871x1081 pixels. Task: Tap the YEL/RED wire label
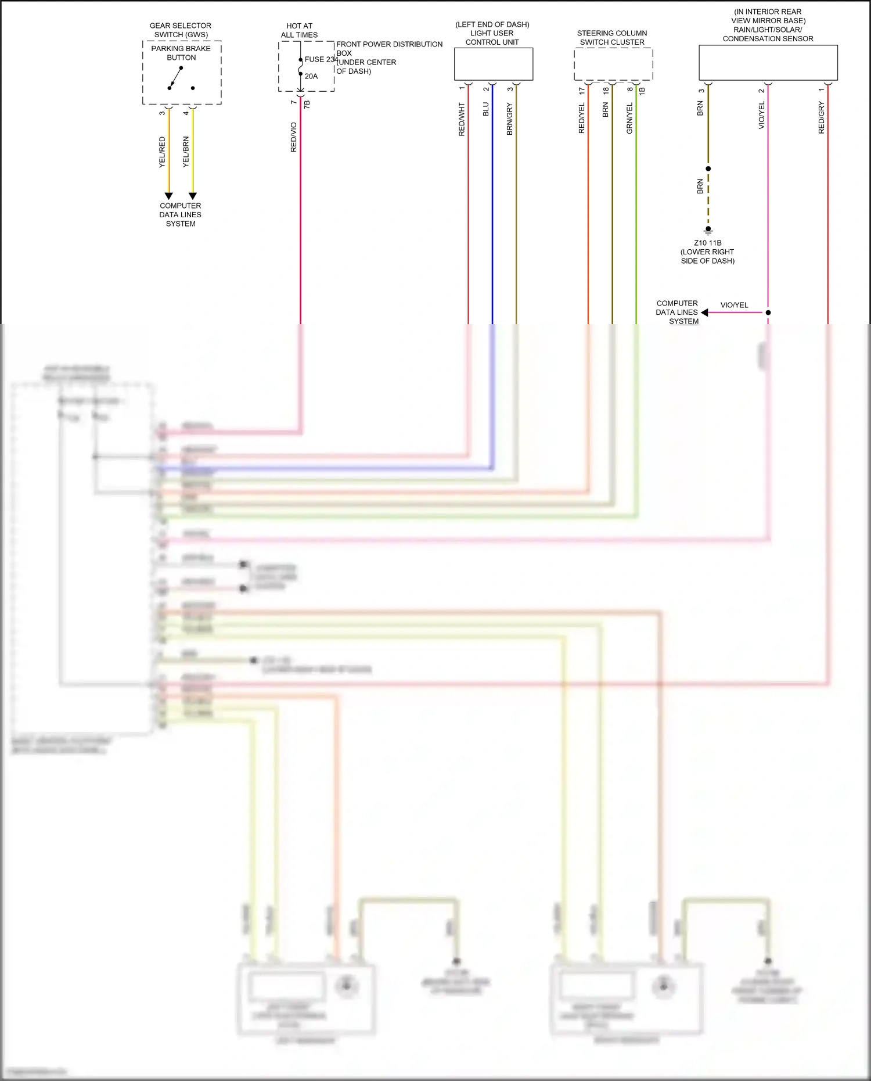point(162,152)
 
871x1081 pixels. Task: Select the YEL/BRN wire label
point(186,152)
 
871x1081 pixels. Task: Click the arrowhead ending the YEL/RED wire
point(168,196)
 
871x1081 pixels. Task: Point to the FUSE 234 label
point(321,59)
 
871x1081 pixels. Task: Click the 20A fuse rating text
point(311,76)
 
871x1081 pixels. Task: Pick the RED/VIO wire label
point(293,137)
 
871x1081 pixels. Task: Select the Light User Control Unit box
point(493,64)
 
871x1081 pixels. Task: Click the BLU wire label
point(486,109)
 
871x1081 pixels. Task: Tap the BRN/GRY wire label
point(510,119)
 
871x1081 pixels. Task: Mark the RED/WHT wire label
point(462,120)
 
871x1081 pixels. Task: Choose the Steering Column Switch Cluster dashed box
point(613,64)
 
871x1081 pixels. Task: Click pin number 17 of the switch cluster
point(582,91)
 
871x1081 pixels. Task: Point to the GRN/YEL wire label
point(629,118)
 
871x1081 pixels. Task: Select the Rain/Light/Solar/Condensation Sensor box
point(768,63)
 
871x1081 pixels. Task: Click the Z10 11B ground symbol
point(708,231)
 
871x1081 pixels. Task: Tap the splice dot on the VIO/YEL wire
point(768,313)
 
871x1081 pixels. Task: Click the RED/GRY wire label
point(821,118)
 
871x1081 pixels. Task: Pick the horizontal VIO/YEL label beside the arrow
point(734,305)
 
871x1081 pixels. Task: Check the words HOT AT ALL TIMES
point(299,30)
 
